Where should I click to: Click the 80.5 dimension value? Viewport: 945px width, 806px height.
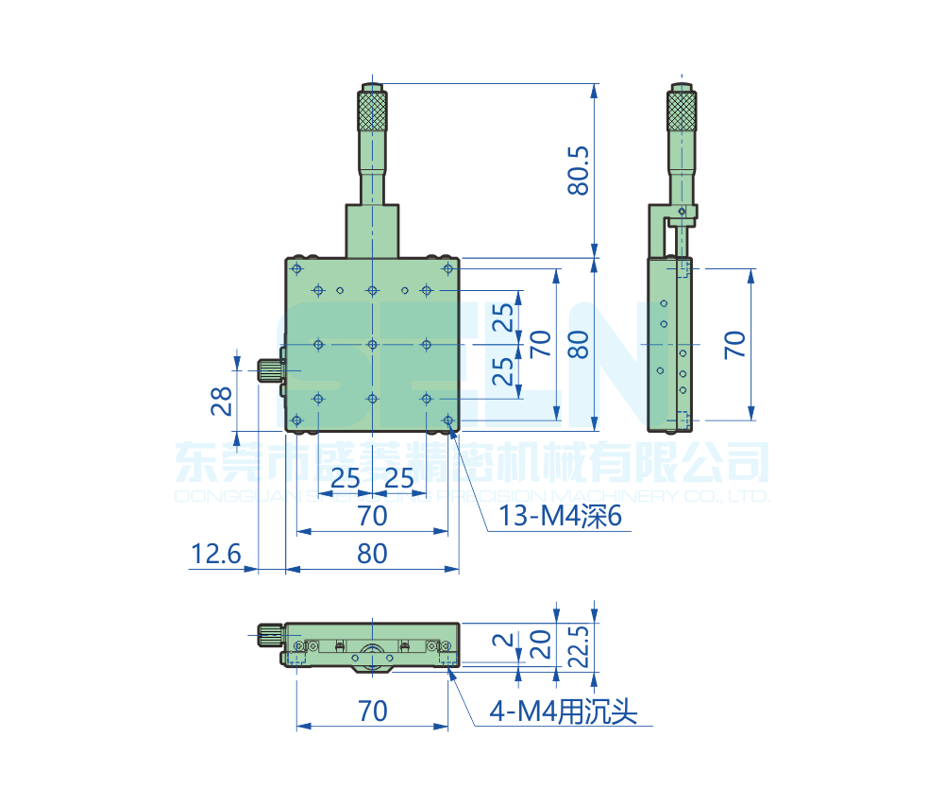578,170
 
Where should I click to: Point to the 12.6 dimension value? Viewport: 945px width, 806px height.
216,554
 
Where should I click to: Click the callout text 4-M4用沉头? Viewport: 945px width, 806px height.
563,711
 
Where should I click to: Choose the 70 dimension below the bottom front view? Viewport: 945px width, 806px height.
372,711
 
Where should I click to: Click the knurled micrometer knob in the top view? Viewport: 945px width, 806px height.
373,111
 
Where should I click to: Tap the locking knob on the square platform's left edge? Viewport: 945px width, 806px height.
272,371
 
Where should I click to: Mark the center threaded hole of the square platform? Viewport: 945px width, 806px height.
373,345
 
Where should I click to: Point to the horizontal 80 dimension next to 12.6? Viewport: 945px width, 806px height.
372,554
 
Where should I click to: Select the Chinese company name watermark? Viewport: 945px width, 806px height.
472,463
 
